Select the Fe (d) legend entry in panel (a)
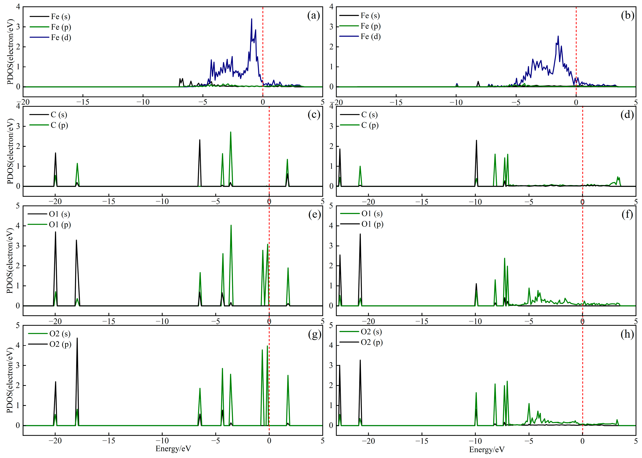coord(61,38)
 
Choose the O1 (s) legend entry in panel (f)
coord(372,214)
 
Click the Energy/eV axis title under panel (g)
coord(173,448)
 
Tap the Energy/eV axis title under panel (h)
coord(487,449)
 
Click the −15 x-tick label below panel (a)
coord(83,102)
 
